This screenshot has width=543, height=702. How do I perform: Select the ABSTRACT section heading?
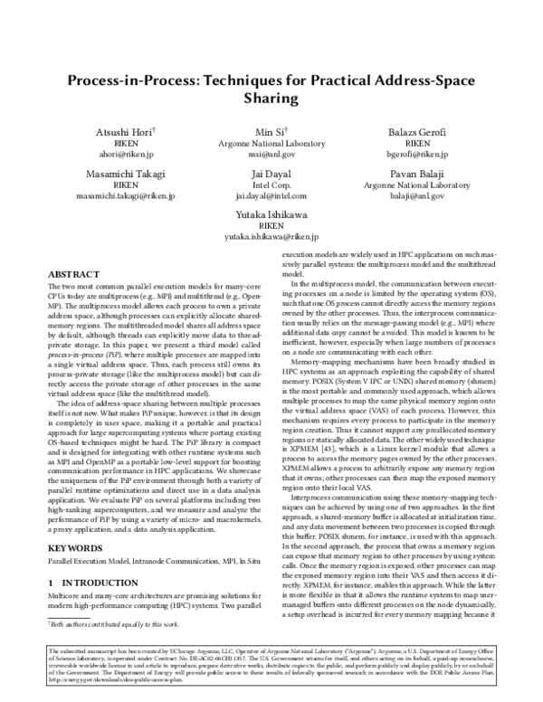[x=73, y=272]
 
